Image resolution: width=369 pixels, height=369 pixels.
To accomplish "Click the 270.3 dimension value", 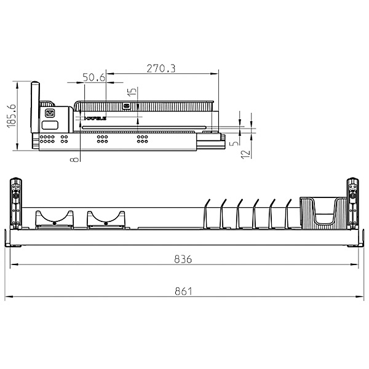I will (x=161, y=69).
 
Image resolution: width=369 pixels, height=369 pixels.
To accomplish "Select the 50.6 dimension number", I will (x=93, y=77).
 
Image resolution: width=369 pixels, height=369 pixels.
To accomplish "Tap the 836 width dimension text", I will (x=183, y=259).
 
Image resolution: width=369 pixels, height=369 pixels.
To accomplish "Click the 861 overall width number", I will (x=183, y=291).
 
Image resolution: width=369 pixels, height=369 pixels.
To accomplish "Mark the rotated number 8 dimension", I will (x=74, y=159).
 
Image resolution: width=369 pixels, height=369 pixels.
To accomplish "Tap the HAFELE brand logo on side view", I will (x=96, y=116).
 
